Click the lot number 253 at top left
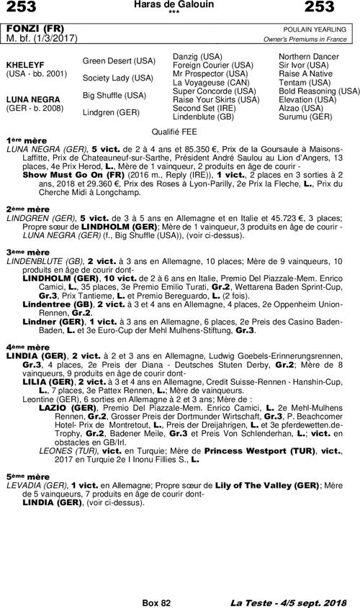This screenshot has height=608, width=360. click(x=22, y=8)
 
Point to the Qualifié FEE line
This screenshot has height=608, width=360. click(x=179, y=132)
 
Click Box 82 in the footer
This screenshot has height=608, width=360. click(x=156, y=601)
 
